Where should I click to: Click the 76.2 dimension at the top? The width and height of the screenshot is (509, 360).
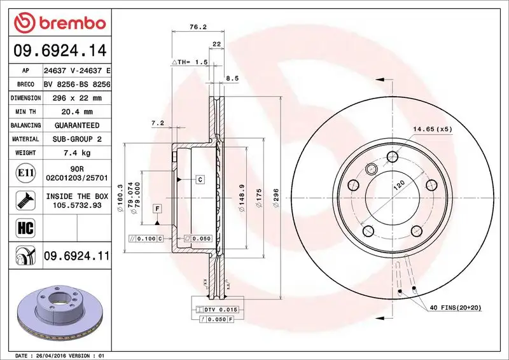(x=197, y=27)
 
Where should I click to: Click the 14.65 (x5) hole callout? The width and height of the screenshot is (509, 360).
(x=431, y=130)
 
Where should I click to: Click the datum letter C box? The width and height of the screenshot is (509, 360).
(x=199, y=180)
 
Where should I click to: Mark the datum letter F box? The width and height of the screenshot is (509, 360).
(x=156, y=209)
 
